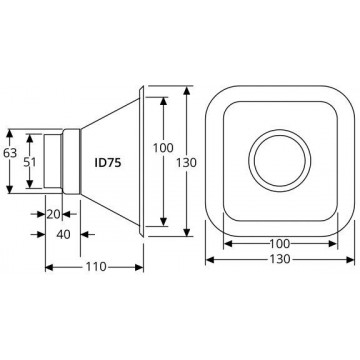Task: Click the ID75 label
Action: click(x=108, y=163)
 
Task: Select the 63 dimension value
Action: click(x=10, y=153)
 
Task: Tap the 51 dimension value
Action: click(x=30, y=162)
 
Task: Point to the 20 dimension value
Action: click(x=53, y=214)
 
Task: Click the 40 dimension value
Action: click(x=63, y=235)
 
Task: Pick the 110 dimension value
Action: click(x=96, y=267)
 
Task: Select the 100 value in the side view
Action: click(x=163, y=148)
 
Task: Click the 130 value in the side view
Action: click(x=186, y=162)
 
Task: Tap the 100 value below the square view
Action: click(x=280, y=244)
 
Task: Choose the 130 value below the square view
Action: click(x=280, y=259)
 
